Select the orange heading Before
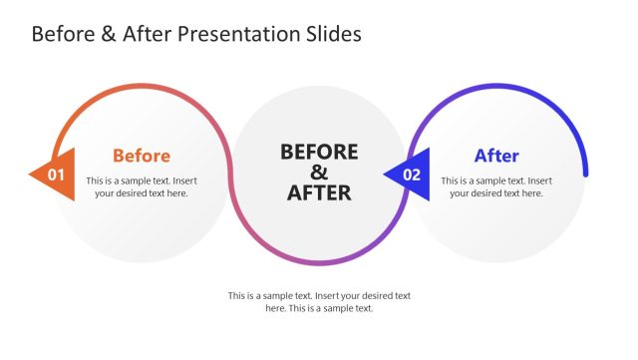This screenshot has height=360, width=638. pyautogui.click(x=141, y=156)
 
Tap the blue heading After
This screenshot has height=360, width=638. pyautogui.click(x=495, y=156)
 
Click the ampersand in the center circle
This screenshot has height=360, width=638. pyautogui.click(x=319, y=172)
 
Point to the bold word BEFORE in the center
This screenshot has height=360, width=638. pyautogui.click(x=319, y=152)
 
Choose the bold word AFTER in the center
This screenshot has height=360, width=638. pyautogui.click(x=319, y=192)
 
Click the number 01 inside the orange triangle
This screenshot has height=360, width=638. pyautogui.click(x=58, y=176)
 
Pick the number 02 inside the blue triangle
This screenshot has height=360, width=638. pyautogui.click(x=411, y=176)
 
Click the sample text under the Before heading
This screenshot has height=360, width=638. pyautogui.click(x=141, y=186)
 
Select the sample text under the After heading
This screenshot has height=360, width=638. pyautogui.click(x=495, y=186)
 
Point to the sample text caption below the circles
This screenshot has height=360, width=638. pyautogui.click(x=319, y=302)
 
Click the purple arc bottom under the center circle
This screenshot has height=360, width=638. pyautogui.click(x=319, y=262)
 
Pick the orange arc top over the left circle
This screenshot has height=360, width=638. pyautogui.click(x=141, y=86)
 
